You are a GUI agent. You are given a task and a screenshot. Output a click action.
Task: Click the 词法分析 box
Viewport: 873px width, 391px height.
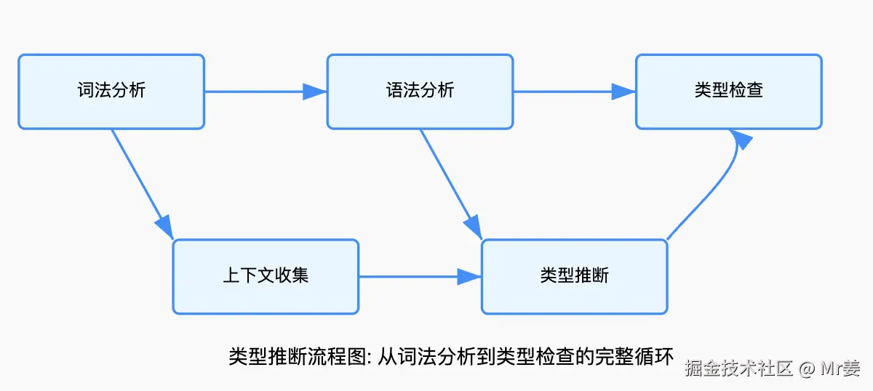[x=111, y=92]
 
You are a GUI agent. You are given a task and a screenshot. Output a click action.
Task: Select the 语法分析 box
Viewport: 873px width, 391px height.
[x=420, y=92]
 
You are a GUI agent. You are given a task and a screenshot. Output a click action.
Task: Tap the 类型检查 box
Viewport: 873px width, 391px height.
[x=729, y=92]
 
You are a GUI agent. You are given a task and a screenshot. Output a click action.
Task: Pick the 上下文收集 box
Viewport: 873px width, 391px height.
[x=266, y=277]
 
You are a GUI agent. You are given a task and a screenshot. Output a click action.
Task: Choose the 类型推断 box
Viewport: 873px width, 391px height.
[x=574, y=277]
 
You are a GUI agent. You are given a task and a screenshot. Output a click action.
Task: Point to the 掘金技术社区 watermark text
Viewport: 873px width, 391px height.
[x=738, y=368]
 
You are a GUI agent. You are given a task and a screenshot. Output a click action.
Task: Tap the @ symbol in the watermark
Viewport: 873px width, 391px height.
[x=805, y=368]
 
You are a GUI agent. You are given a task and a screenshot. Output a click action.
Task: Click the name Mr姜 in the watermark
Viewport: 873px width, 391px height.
[x=841, y=368]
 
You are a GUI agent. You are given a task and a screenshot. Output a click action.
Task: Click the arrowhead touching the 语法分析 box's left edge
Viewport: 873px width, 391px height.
[x=316, y=92]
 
